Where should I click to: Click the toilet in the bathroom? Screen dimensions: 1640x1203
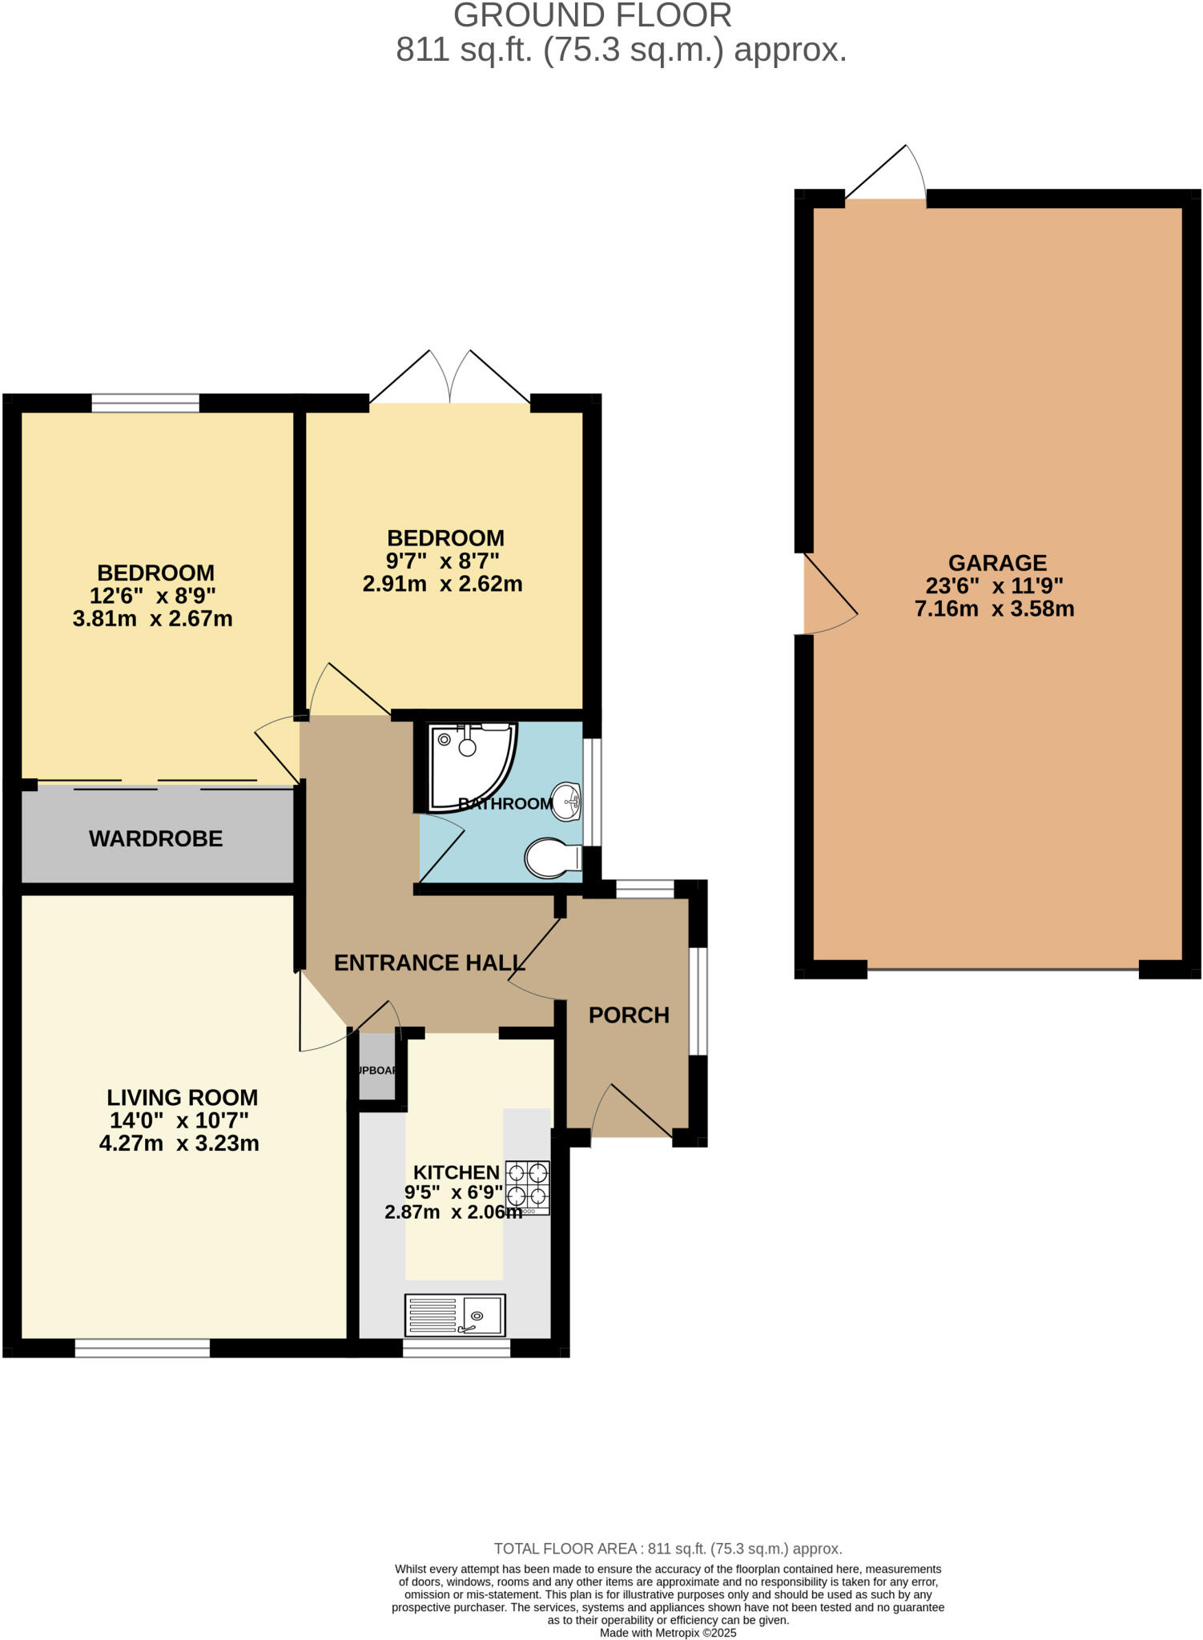pyautogui.click(x=552, y=858)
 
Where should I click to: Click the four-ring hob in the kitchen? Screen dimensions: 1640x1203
pyautogui.click(x=527, y=1186)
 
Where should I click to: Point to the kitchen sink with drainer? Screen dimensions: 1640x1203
pyautogui.click(x=454, y=1315)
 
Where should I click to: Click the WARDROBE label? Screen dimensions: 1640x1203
pyautogui.click(x=156, y=838)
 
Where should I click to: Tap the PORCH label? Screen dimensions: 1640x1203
pyautogui.click(x=629, y=1015)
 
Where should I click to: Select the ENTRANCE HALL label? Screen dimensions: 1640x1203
pyautogui.click(x=429, y=963)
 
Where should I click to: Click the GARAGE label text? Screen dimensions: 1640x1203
pyautogui.click(x=997, y=563)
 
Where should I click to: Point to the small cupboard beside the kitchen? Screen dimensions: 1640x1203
pyautogui.click(x=376, y=1067)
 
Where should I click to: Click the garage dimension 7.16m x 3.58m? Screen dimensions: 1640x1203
pyautogui.click(x=994, y=609)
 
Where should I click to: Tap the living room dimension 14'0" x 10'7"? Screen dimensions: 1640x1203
pyautogui.click(x=179, y=1120)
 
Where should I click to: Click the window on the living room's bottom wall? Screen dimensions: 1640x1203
pyautogui.click(x=143, y=1348)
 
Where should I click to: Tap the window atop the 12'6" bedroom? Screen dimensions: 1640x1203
pyautogui.click(x=145, y=403)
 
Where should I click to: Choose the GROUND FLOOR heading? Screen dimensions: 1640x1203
pyautogui.click(x=592, y=16)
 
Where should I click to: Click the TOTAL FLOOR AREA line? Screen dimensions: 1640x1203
pyautogui.click(x=667, y=1549)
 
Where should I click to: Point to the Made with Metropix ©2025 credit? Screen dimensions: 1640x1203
pyautogui.click(x=667, y=1633)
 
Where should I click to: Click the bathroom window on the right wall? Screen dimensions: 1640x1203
pyautogui.click(x=592, y=791)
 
